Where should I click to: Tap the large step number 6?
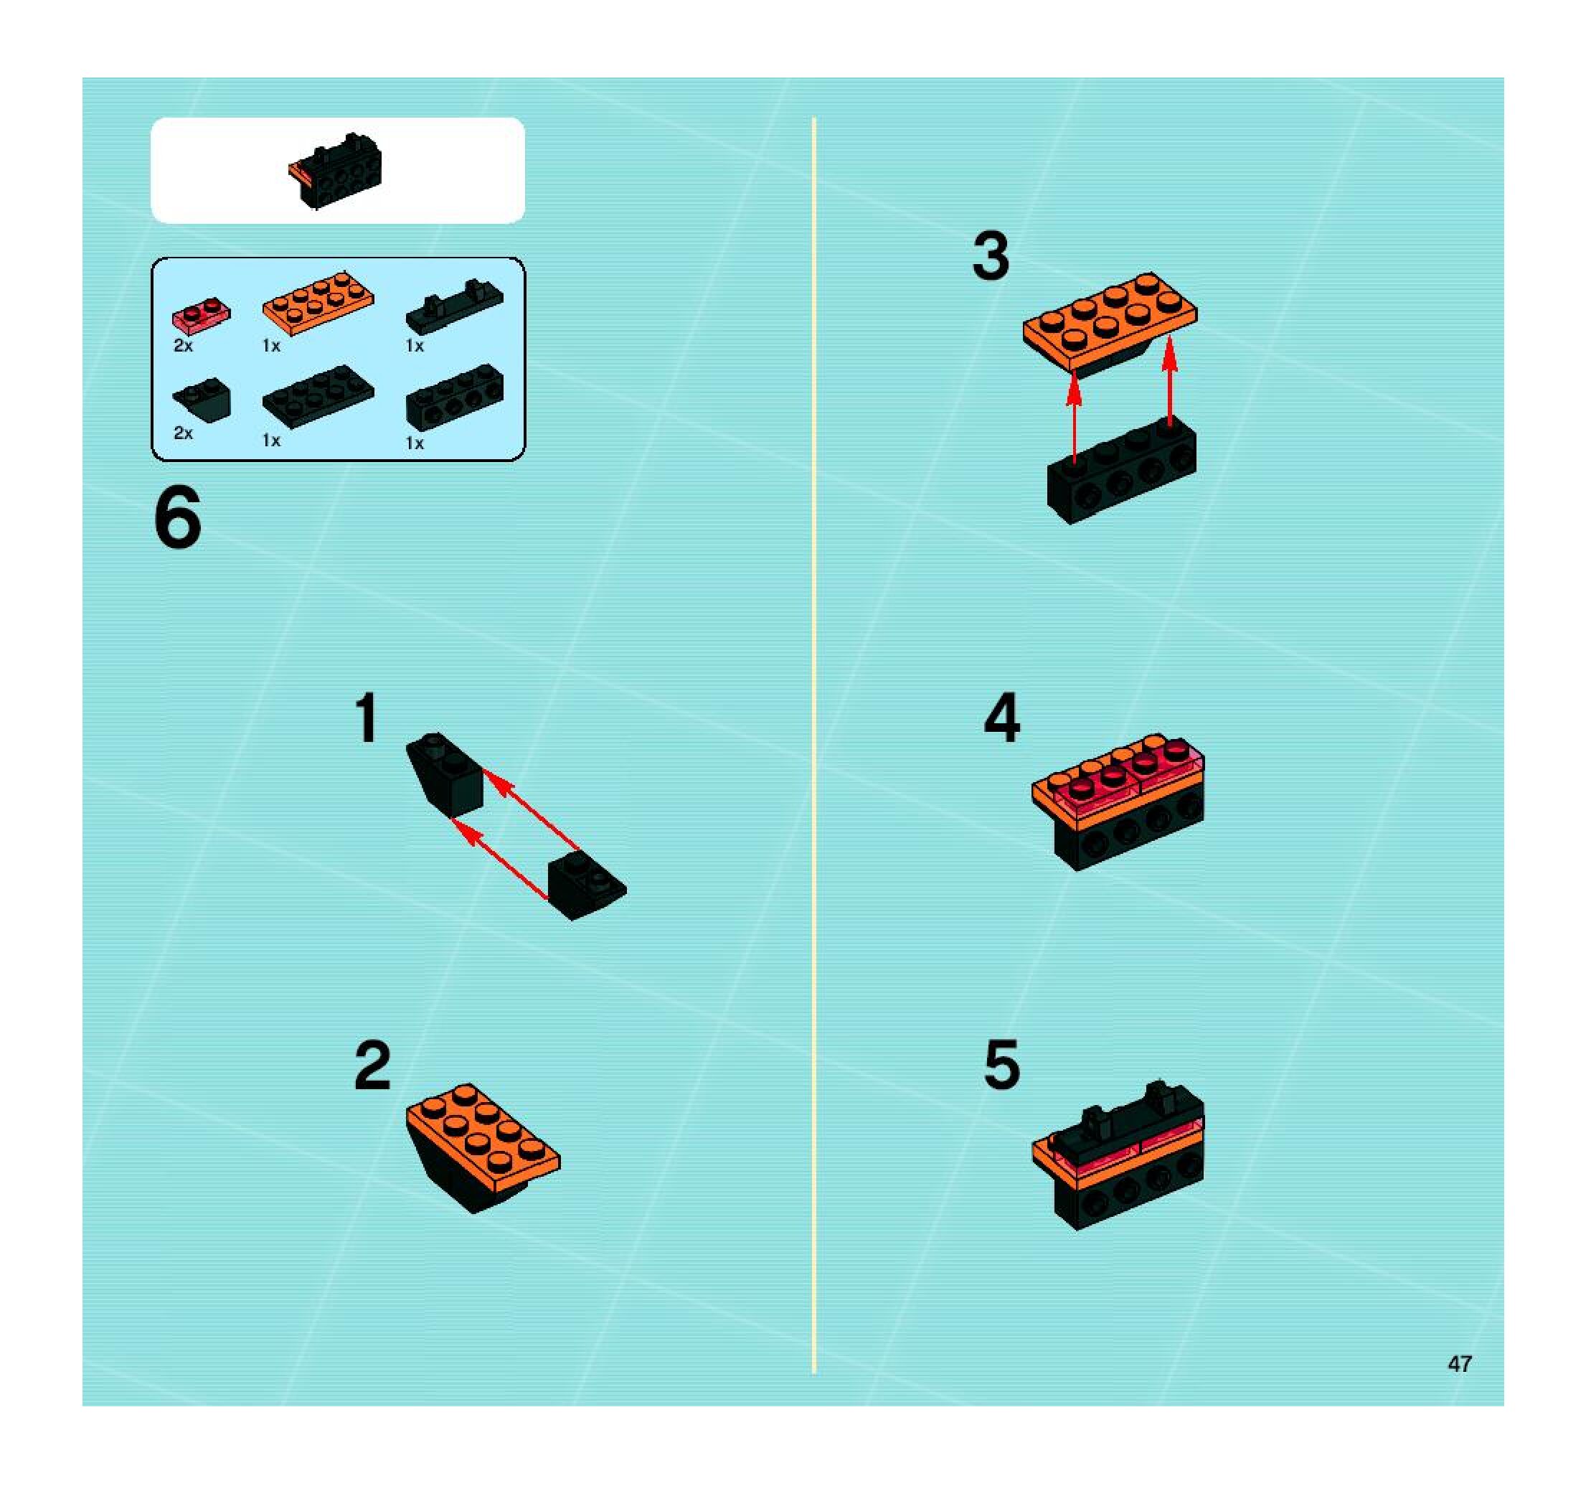pyautogui.click(x=177, y=519)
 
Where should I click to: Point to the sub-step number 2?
pyautogui.click(x=373, y=1066)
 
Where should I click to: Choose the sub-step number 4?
pyautogui.click(x=1002, y=718)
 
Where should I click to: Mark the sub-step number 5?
pyautogui.click(x=1002, y=1066)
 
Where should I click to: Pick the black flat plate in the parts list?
pyautogui.click(x=318, y=396)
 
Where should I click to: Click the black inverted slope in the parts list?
pyautogui.click(x=202, y=397)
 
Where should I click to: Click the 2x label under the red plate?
pyautogui.click(x=183, y=346)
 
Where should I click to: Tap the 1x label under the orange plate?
pyautogui.click(x=271, y=346)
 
